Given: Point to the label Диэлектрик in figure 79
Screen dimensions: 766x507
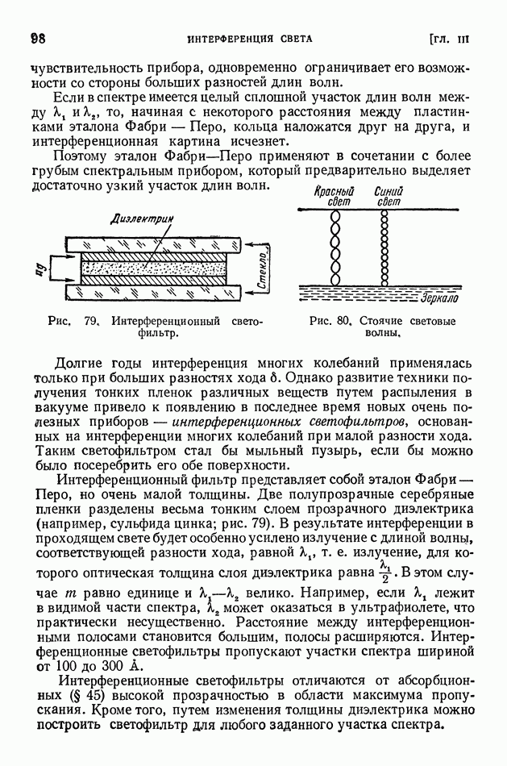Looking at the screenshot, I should (146, 217).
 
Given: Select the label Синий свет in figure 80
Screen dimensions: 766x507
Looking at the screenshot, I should (389, 197).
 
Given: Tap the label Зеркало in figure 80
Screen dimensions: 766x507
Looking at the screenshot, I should (438, 298).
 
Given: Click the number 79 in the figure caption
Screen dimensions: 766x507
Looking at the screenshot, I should (90, 320).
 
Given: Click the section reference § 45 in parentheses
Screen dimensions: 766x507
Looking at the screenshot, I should (81, 694).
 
